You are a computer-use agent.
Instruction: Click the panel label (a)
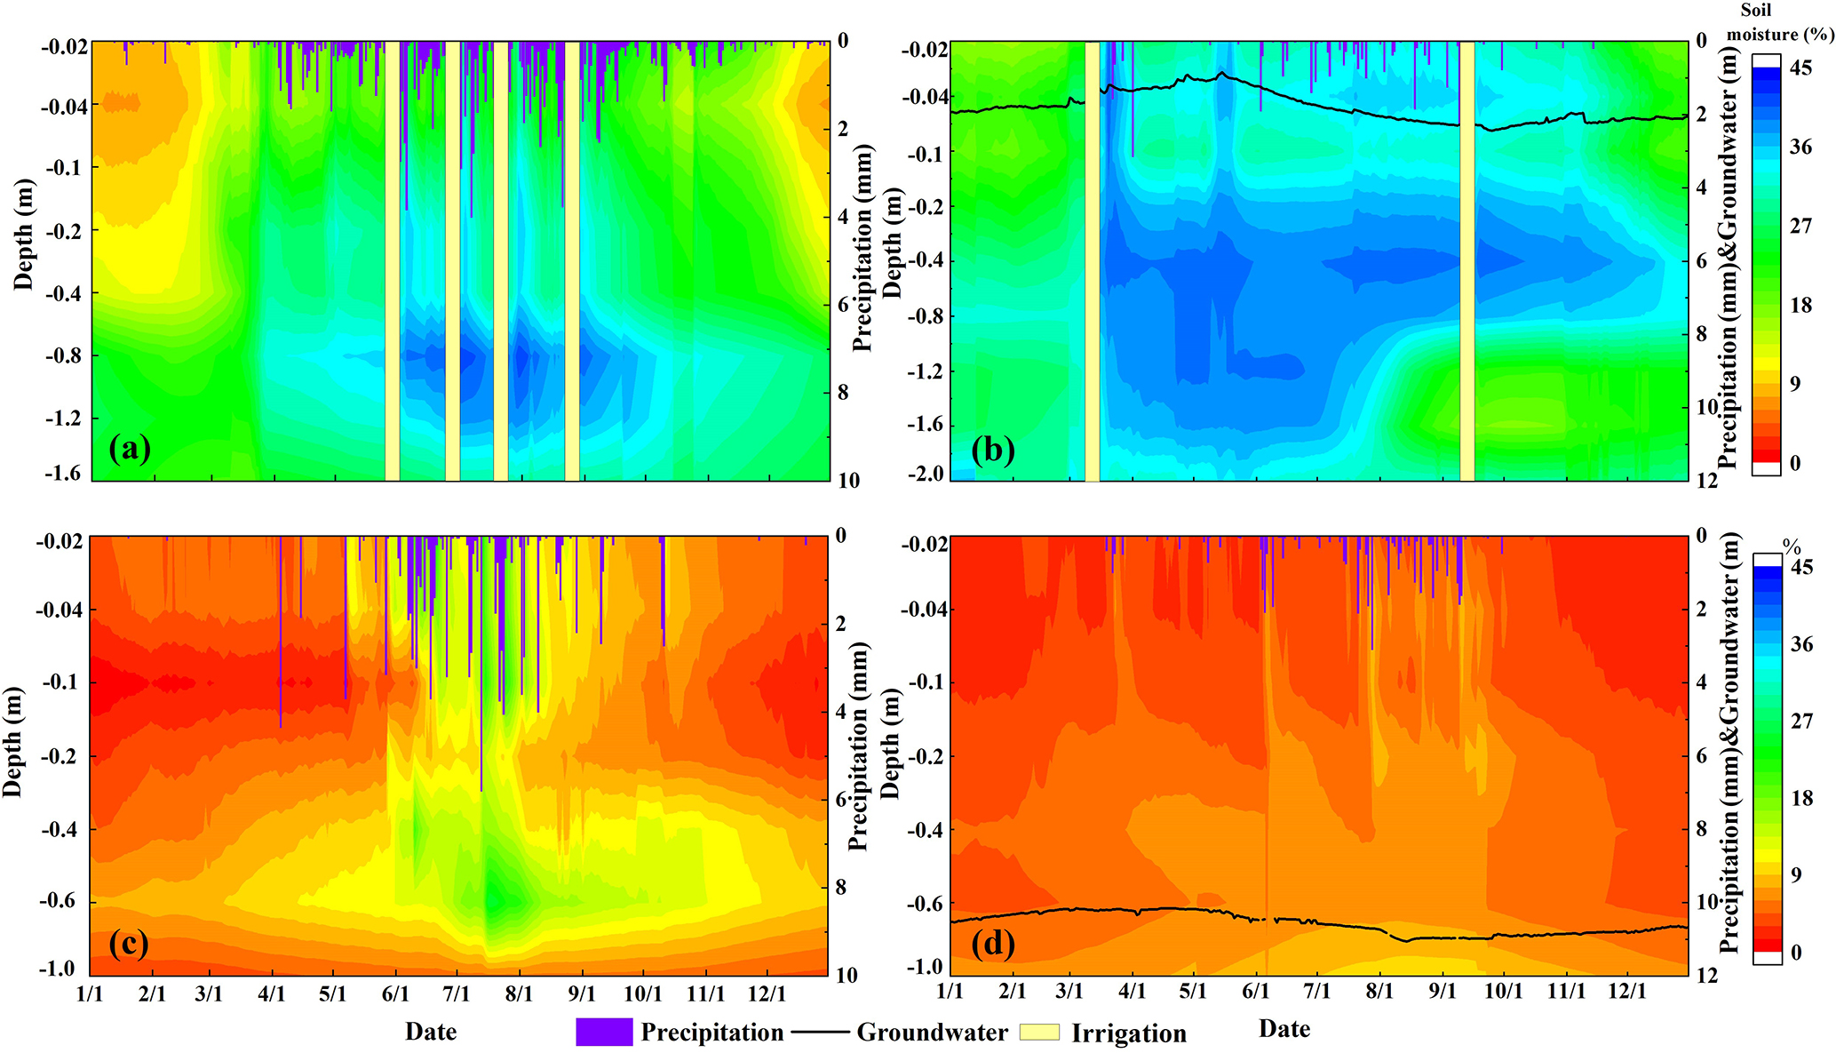[130, 450]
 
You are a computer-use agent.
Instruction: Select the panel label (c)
[129, 944]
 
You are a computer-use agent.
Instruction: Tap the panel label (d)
[992, 944]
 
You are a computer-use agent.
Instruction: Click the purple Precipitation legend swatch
[604, 1032]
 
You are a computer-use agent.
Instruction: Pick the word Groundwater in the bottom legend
[932, 1033]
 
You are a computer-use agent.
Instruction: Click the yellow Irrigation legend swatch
[1038, 1032]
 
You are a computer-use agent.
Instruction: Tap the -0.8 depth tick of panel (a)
[66, 355]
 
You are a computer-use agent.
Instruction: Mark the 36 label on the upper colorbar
[1800, 148]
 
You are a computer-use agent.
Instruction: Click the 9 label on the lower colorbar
[1796, 875]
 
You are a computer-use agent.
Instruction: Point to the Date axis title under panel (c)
[431, 1032]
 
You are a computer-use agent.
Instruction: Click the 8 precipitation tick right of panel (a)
[842, 393]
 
